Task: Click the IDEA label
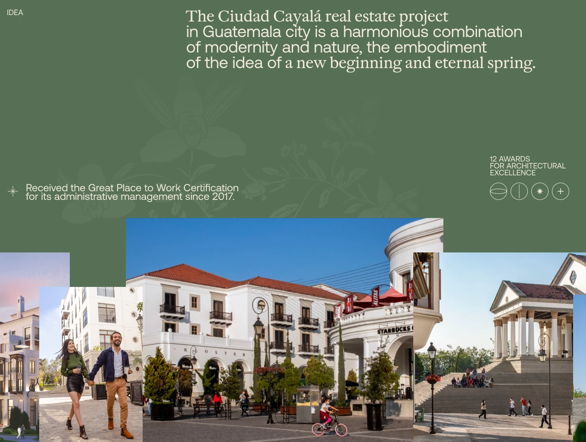pos(15,12)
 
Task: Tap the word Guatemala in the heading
pos(241,32)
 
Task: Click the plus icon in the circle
pos(560,191)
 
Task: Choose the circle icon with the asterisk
pos(539,191)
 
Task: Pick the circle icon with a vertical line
pos(519,191)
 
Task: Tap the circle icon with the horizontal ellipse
pos(498,191)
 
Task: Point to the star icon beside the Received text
pos(13,192)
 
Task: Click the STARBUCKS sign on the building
pos(394,330)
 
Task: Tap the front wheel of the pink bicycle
pos(341,430)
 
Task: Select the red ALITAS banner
pos(375,297)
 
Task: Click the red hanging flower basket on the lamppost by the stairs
pos(433,379)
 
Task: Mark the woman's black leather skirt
pos(75,384)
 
